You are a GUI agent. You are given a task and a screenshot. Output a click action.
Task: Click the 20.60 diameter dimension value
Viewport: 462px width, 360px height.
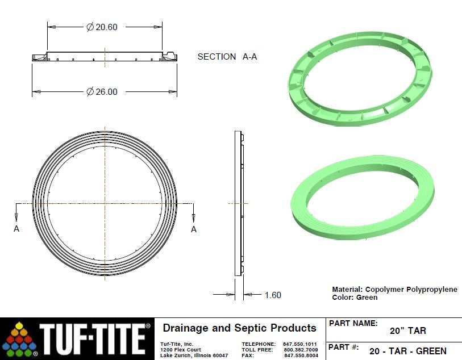click(x=102, y=27)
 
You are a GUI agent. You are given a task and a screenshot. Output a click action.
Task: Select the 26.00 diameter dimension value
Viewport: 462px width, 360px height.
click(x=102, y=92)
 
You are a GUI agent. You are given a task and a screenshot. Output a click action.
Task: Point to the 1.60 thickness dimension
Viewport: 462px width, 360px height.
click(x=272, y=295)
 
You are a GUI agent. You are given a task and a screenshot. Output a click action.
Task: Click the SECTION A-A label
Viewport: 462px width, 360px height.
click(x=227, y=57)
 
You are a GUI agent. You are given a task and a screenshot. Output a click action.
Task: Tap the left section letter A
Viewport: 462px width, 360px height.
click(x=16, y=229)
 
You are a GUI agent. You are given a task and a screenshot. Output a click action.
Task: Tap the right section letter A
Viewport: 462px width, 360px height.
click(x=194, y=229)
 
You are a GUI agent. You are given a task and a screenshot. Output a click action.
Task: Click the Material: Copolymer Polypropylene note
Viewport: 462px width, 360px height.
click(x=394, y=289)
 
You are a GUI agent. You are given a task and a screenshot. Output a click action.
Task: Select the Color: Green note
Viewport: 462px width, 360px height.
click(x=355, y=297)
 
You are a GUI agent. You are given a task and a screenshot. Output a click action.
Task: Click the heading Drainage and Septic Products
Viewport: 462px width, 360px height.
click(x=239, y=328)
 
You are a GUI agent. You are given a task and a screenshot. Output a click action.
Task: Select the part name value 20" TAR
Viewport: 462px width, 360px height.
click(x=407, y=331)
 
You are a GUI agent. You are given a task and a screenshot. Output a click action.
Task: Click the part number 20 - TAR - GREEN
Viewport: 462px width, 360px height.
click(x=407, y=351)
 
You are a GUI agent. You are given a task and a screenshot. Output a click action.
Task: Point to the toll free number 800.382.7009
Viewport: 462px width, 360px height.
click(x=300, y=350)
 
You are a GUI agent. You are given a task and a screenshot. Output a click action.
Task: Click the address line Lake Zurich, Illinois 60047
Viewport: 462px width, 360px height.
click(x=194, y=355)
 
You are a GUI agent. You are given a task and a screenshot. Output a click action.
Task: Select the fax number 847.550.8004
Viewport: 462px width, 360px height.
click(x=300, y=355)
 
